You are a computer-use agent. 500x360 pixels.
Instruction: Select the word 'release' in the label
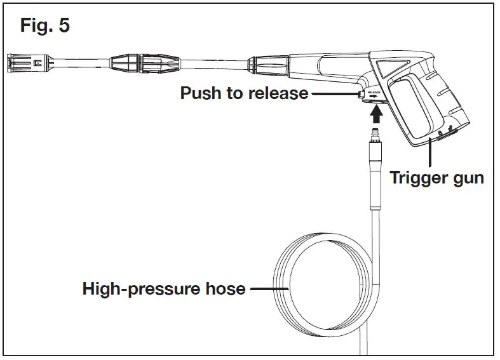pos(277,93)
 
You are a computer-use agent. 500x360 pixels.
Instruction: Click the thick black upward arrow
pos(377,113)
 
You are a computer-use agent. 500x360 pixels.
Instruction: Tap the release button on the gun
pos(361,94)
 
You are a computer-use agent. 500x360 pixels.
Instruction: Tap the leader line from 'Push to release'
pos(334,94)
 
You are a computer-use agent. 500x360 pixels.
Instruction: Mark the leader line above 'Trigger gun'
pos(432,152)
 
